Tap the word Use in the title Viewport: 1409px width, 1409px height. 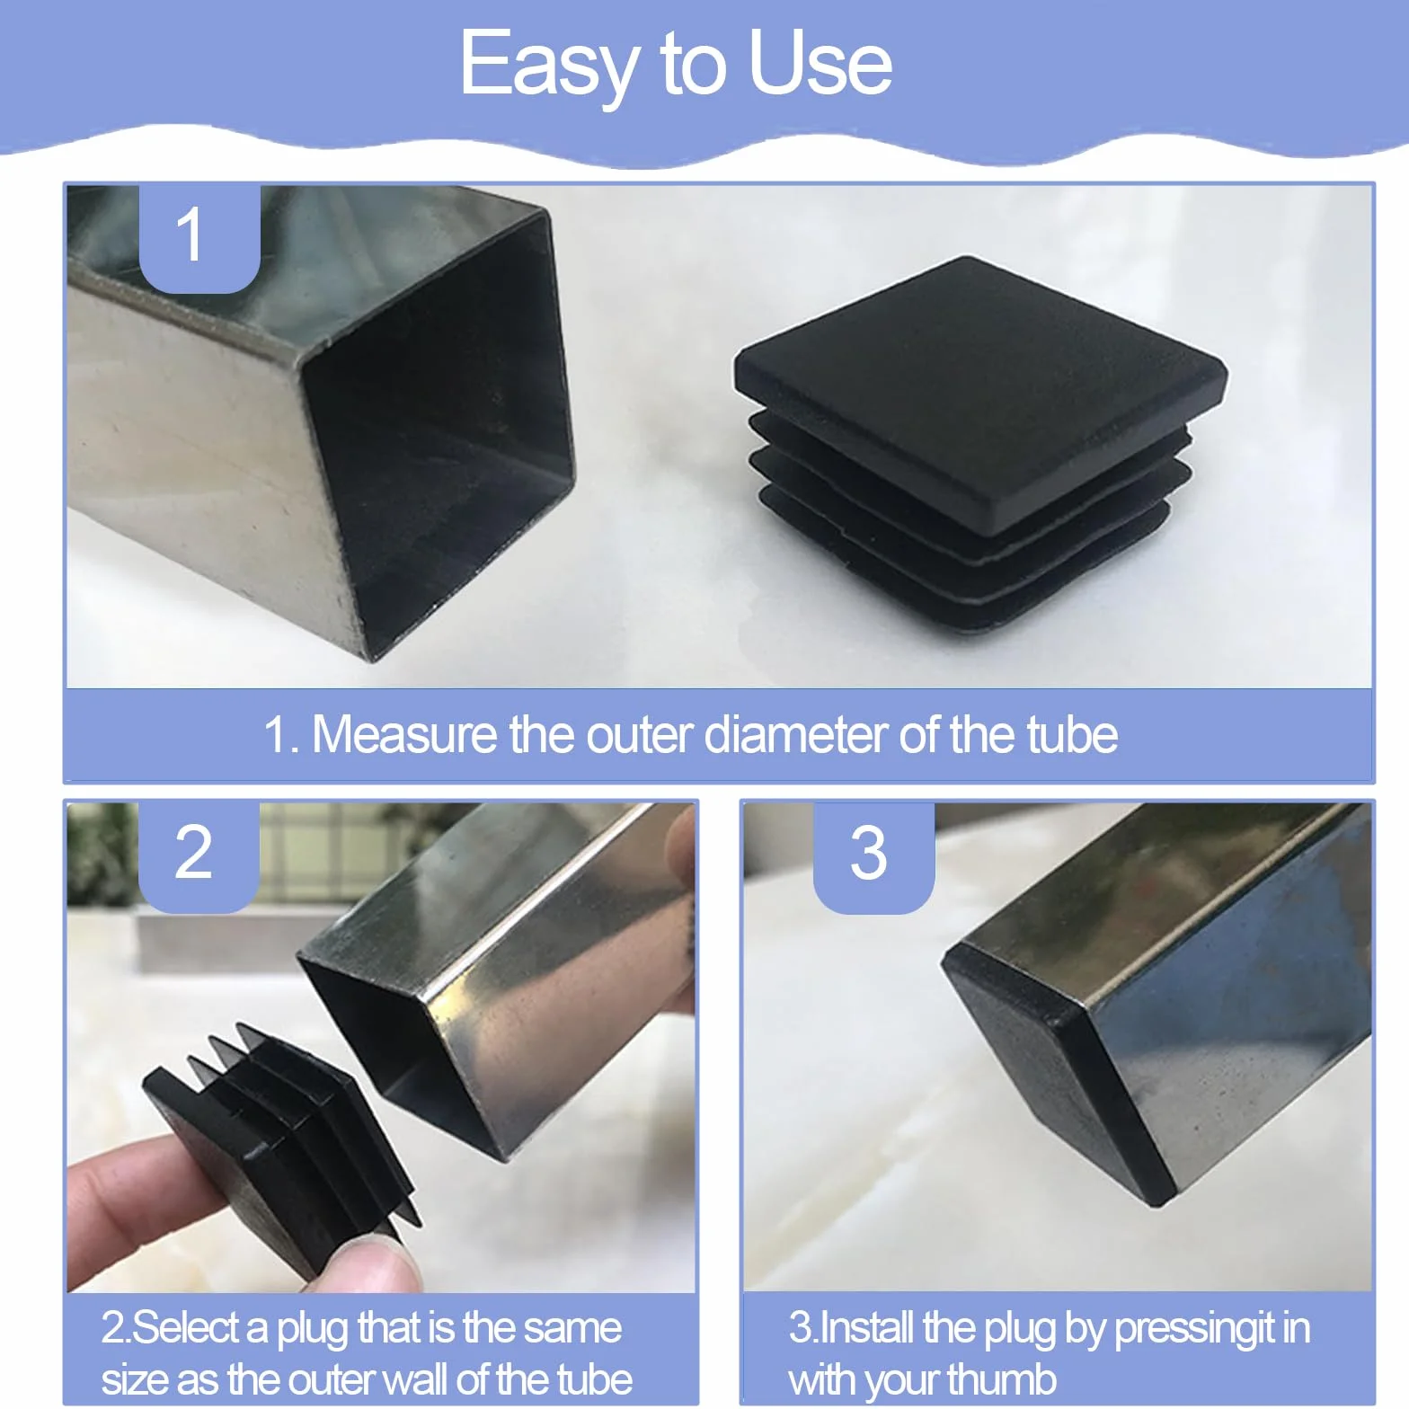[x=820, y=62]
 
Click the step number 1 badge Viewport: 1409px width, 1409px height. [x=199, y=238]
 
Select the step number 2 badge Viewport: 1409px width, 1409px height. [x=199, y=857]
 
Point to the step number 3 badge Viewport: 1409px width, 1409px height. [x=873, y=857]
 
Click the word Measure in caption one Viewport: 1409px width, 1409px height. [x=404, y=734]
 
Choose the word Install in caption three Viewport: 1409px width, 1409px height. [x=868, y=1327]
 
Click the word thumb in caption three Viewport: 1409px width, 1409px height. [x=1002, y=1379]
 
